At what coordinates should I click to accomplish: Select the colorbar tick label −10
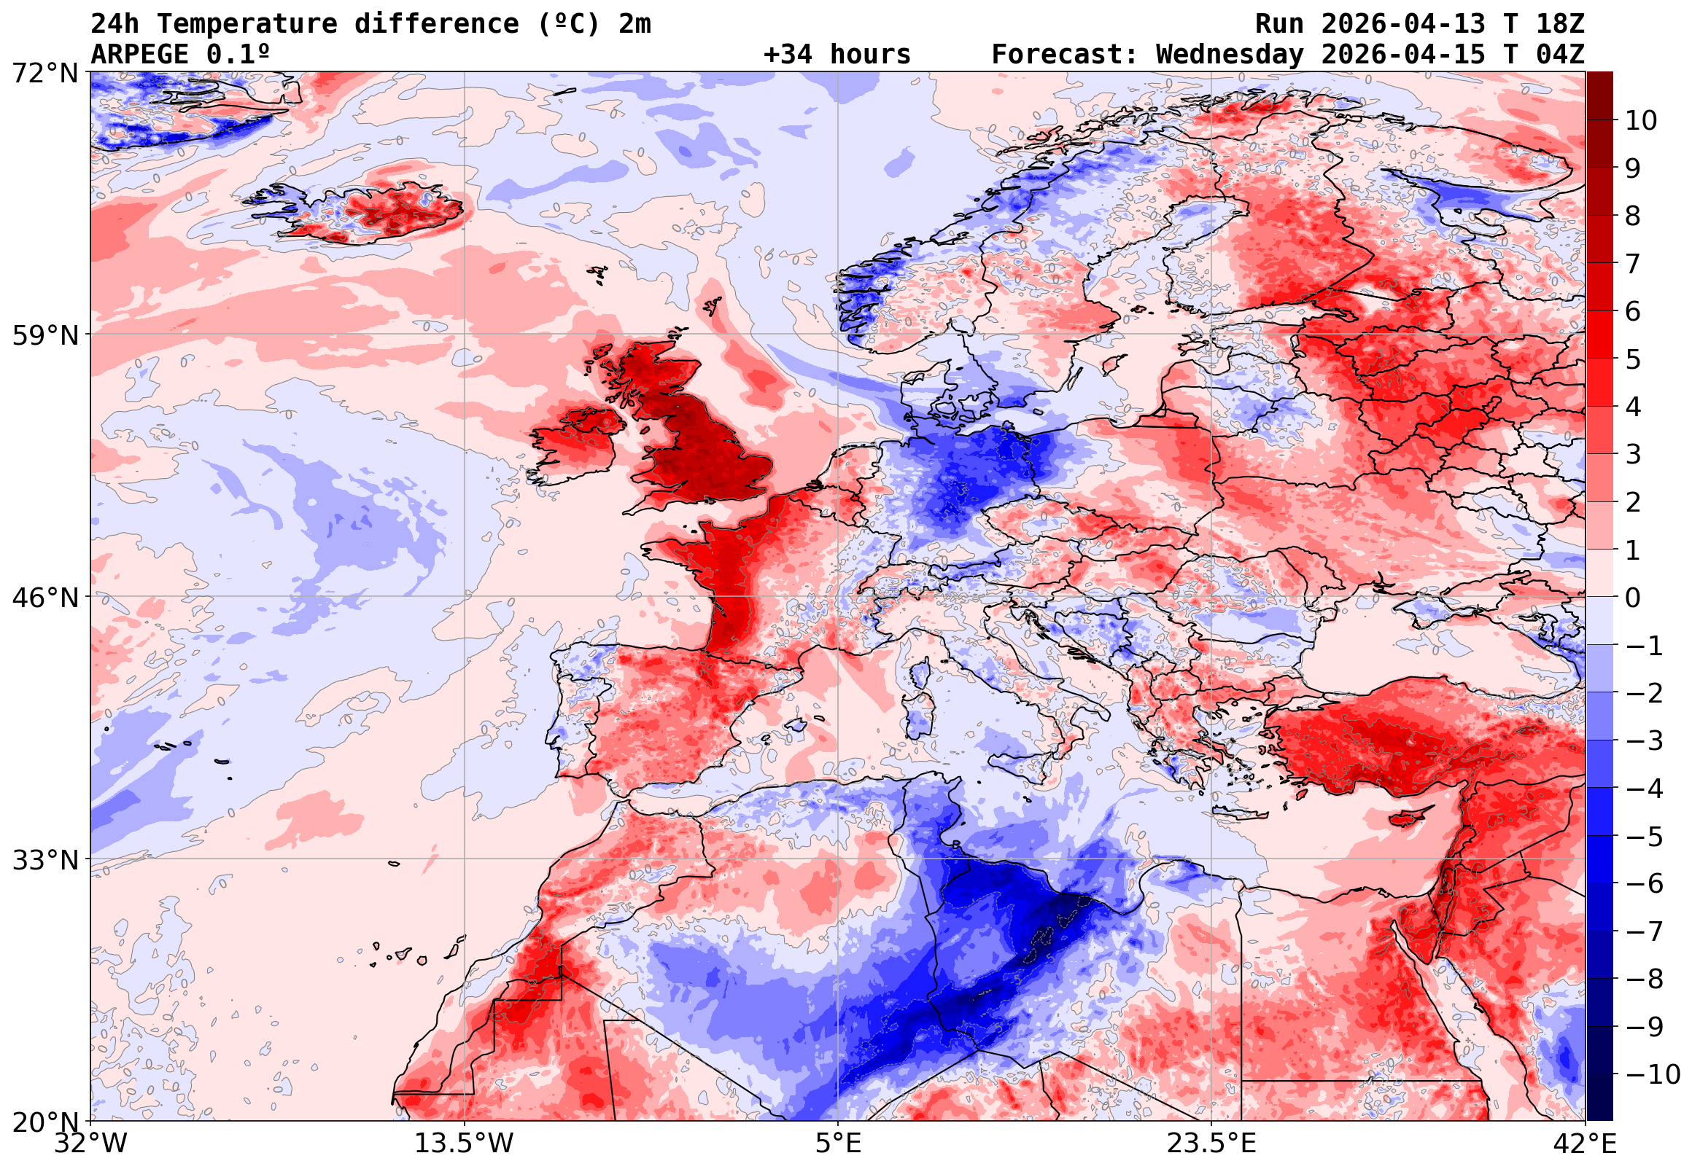(1653, 1075)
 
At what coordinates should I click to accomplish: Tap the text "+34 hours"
(837, 55)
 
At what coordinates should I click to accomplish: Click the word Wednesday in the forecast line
(1230, 55)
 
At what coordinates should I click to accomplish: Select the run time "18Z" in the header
(1560, 24)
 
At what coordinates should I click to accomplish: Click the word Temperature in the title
(247, 24)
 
